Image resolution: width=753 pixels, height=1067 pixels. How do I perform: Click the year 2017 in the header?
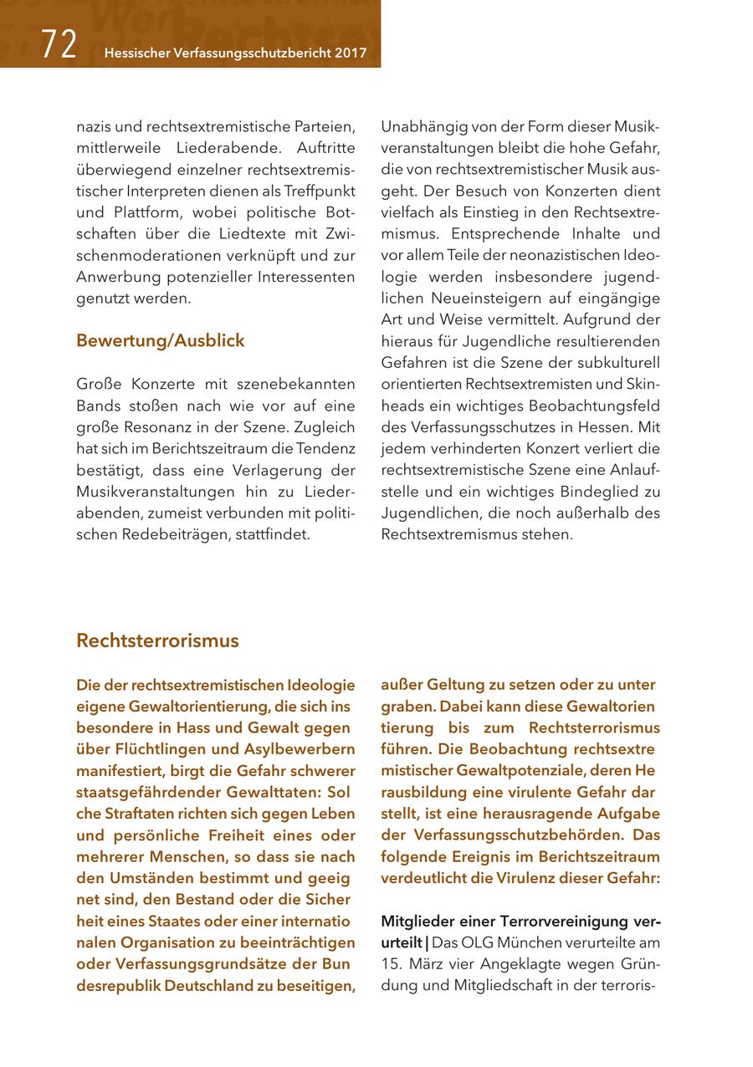tap(351, 53)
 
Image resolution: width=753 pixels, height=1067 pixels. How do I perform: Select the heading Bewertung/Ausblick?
tap(160, 340)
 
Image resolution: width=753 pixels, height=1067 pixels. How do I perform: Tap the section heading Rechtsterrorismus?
tap(157, 641)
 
